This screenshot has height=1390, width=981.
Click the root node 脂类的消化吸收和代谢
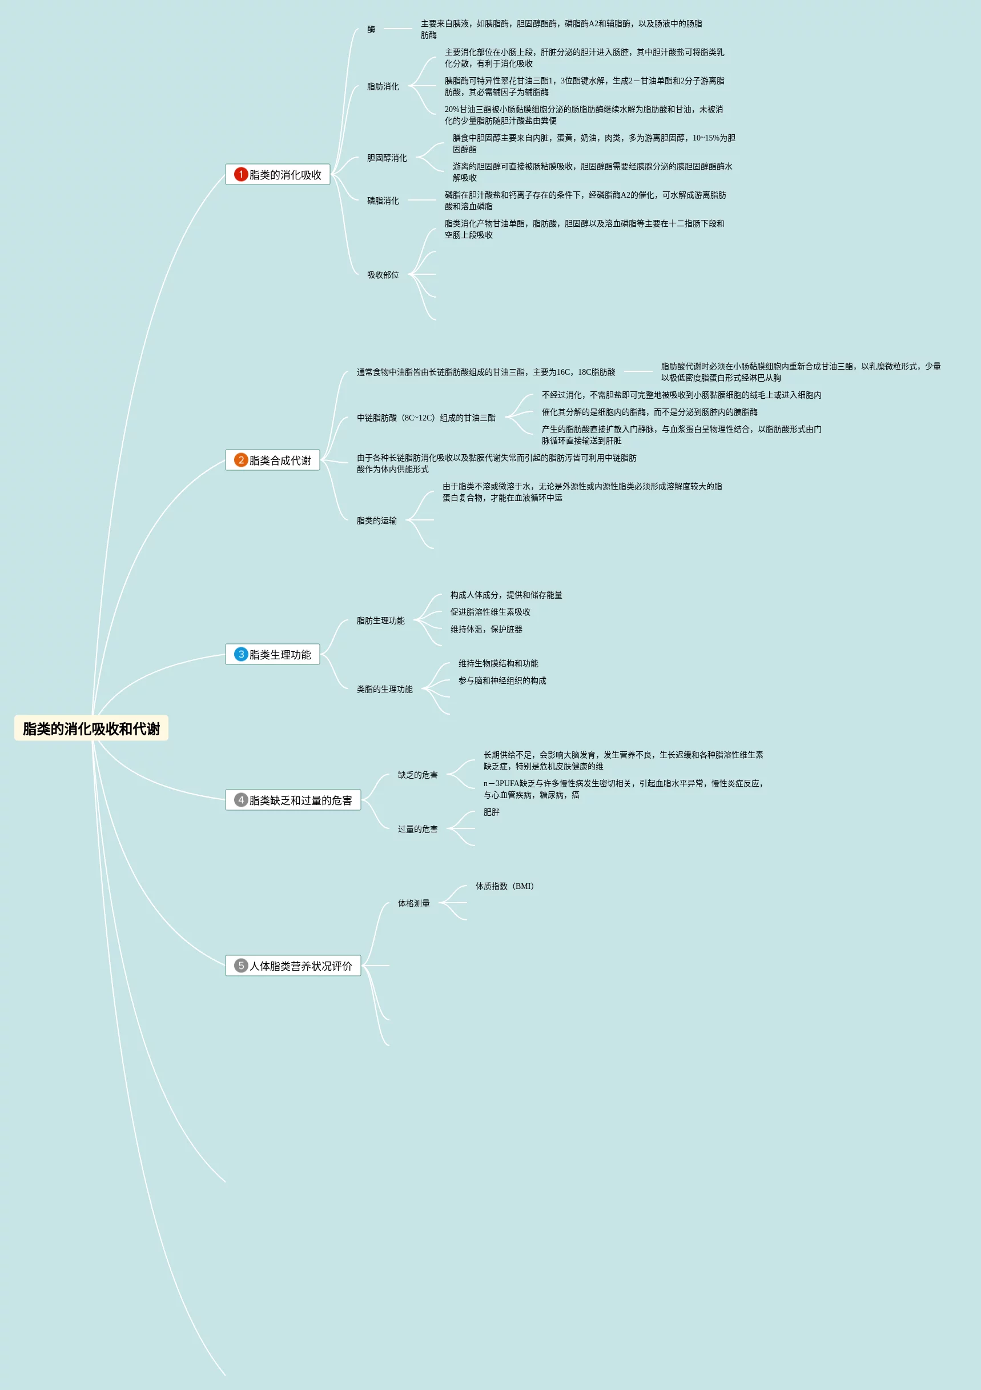91,728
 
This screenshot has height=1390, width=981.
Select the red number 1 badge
241,174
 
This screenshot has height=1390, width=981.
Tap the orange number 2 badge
241,460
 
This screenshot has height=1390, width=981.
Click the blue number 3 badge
241,655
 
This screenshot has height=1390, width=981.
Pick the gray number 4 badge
241,800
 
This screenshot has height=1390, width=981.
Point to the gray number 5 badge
241,966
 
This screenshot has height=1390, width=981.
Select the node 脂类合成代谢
280,460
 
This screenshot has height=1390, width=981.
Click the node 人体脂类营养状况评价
300,966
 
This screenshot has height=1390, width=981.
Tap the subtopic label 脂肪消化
383,87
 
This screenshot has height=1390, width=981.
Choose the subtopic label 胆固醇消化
387,158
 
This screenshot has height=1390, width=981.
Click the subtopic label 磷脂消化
383,201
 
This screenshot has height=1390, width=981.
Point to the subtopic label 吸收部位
383,275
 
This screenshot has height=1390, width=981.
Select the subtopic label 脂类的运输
376,520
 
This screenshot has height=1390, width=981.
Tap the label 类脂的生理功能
384,689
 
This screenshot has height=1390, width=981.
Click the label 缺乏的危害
417,775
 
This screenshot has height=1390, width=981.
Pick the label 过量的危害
417,829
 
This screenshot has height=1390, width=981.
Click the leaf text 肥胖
492,812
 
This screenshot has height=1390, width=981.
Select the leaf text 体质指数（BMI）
505,886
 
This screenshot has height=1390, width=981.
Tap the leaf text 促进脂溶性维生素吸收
490,612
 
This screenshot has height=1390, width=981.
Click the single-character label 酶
371,29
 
